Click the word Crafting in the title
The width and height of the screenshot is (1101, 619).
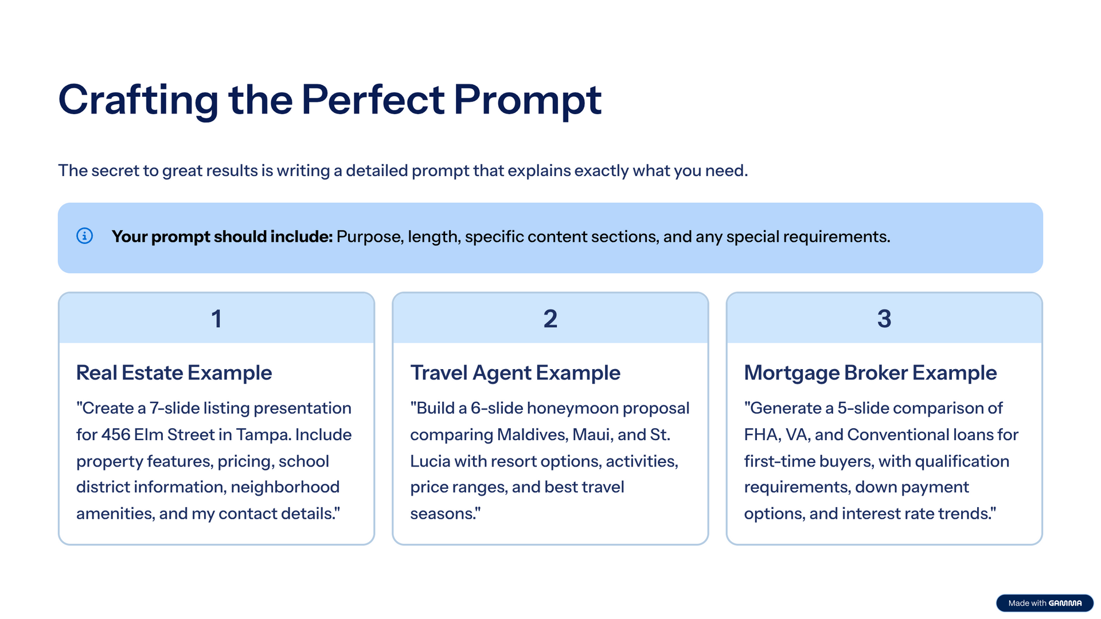[x=138, y=100]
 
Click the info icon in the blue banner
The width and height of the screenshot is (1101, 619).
[x=84, y=236]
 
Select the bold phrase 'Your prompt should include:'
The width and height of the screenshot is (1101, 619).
[x=222, y=237]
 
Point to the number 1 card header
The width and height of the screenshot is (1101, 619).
[x=216, y=319]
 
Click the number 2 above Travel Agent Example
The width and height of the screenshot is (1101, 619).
[x=550, y=319]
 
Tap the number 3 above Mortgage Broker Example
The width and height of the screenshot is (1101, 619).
[x=884, y=319]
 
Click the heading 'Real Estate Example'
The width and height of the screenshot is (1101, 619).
[x=174, y=373]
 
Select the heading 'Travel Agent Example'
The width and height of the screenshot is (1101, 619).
[x=515, y=373]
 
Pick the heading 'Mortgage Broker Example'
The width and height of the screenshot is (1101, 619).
[x=870, y=373]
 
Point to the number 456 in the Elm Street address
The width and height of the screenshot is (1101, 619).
[x=116, y=434]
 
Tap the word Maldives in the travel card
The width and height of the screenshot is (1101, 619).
[x=533, y=434]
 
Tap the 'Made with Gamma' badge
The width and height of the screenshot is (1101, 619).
[x=1045, y=603]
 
